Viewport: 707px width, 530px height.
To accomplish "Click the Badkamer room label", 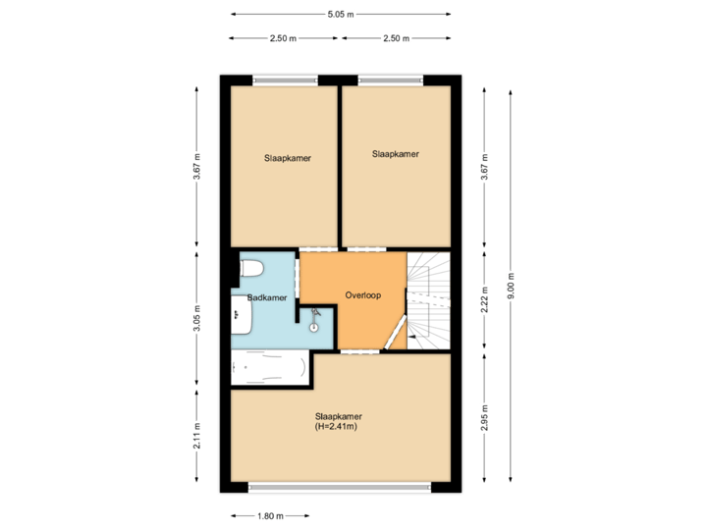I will pyautogui.click(x=267, y=296).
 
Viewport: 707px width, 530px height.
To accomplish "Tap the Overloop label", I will pyautogui.click(x=362, y=294).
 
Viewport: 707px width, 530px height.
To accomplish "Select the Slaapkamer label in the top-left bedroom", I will pyautogui.click(x=288, y=157).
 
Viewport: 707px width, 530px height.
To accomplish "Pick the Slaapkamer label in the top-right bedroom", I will pyautogui.click(x=396, y=154).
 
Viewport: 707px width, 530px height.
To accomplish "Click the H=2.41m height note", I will pyautogui.click(x=336, y=426).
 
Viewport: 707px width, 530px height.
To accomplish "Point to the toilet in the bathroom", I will pyautogui.click(x=250, y=268).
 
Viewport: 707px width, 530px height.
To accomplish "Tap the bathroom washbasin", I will pyautogui.click(x=241, y=315).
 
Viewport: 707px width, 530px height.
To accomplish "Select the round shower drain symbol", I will pyautogui.click(x=314, y=327).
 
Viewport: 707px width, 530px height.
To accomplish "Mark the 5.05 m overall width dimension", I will pyautogui.click(x=342, y=14).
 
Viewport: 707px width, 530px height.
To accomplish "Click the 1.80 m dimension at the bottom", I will pyautogui.click(x=270, y=516).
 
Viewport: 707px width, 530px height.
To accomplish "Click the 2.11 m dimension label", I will pyautogui.click(x=196, y=435).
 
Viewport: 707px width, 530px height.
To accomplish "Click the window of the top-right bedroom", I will pyautogui.click(x=391, y=80).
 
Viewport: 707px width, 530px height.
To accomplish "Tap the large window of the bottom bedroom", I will pyautogui.click(x=340, y=487).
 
